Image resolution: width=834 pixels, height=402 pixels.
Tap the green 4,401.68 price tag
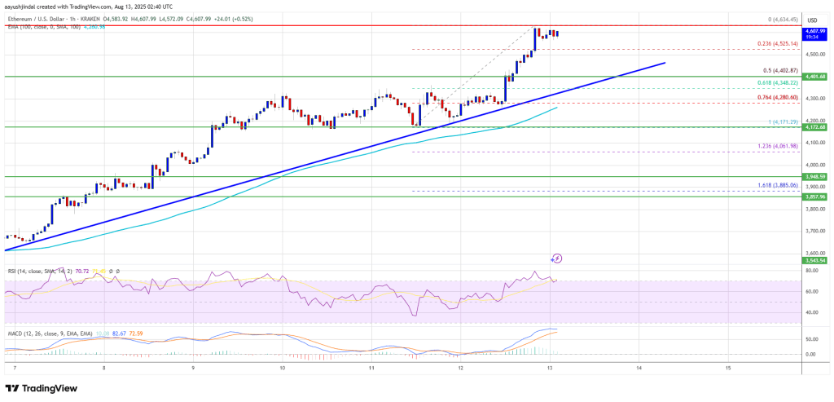tap(816, 77)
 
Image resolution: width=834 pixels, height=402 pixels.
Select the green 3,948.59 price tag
tap(816, 176)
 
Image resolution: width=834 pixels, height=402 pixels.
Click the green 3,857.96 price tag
tap(816, 197)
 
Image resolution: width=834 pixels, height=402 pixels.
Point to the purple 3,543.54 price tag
tap(816, 260)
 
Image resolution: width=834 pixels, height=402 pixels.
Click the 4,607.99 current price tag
tap(816, 31)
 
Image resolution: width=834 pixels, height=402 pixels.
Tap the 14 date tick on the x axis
tap(639, 368)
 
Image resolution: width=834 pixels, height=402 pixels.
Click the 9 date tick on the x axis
tap(193, 368)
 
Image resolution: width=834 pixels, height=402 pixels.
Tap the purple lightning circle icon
tap(557, 258)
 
